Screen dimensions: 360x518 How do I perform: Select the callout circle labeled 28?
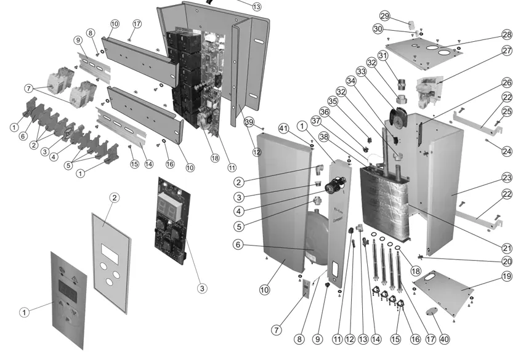click(x=506, y=34)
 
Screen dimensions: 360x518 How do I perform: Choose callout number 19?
click(x=506, y=276)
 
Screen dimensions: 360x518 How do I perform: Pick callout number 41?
click(x=283, y=129)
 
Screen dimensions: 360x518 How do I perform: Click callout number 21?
click(x=506, y=248)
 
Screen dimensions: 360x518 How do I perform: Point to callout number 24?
click(x=506, y=150)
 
